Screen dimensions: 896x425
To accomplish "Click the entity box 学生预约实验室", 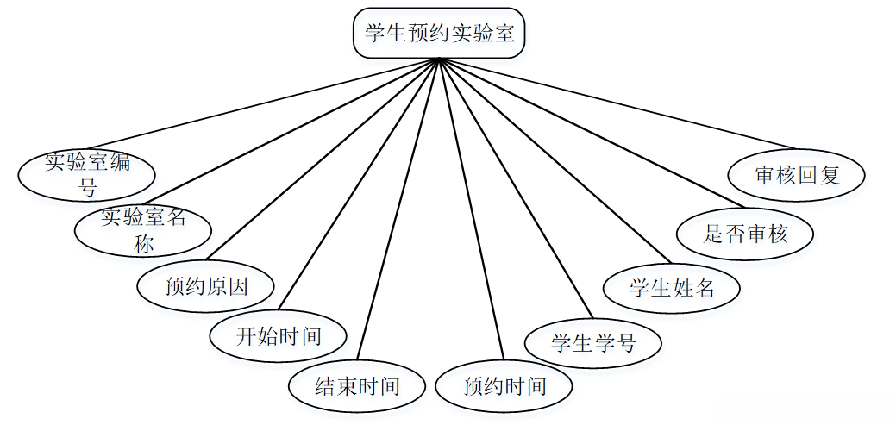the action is pos(438,33).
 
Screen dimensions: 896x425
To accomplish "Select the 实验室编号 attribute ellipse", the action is pos(87,174).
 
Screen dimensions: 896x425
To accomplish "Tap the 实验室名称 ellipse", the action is pos(143,229).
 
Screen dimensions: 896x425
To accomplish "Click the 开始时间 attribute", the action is pos(279,335).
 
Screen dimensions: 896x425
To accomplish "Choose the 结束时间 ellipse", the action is pos(357,386).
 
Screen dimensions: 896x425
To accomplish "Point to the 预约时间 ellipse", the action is pos(504,386).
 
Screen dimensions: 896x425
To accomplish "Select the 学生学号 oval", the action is pos(593,344).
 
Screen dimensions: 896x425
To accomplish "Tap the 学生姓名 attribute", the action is pos(672,287).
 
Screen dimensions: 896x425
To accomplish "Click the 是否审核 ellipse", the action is pos(745,234).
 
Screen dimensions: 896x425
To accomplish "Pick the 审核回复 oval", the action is pos(797,174).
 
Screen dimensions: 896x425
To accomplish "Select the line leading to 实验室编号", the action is pos(262,103).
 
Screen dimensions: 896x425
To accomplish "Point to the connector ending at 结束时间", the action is pos(398,209).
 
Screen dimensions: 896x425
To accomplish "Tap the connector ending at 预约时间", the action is pos(471,209).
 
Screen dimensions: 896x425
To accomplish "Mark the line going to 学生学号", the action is pos(516,189).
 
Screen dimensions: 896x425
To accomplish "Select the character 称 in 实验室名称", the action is pos(143,243).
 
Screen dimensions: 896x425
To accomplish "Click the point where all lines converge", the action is pos(438,59).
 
